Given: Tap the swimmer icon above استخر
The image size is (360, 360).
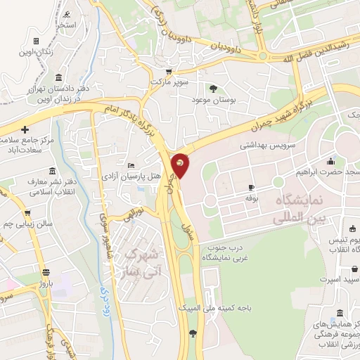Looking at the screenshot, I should [66, 15].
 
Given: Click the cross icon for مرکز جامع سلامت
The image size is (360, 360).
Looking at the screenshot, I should [25, 130].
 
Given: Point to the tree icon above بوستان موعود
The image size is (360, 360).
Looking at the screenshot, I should [213, 88].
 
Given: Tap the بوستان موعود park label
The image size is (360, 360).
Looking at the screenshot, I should [212, 101].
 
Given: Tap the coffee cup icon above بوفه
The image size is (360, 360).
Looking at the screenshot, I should [251, 188].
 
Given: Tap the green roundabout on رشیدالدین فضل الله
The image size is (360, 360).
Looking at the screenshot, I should [262, 55].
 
